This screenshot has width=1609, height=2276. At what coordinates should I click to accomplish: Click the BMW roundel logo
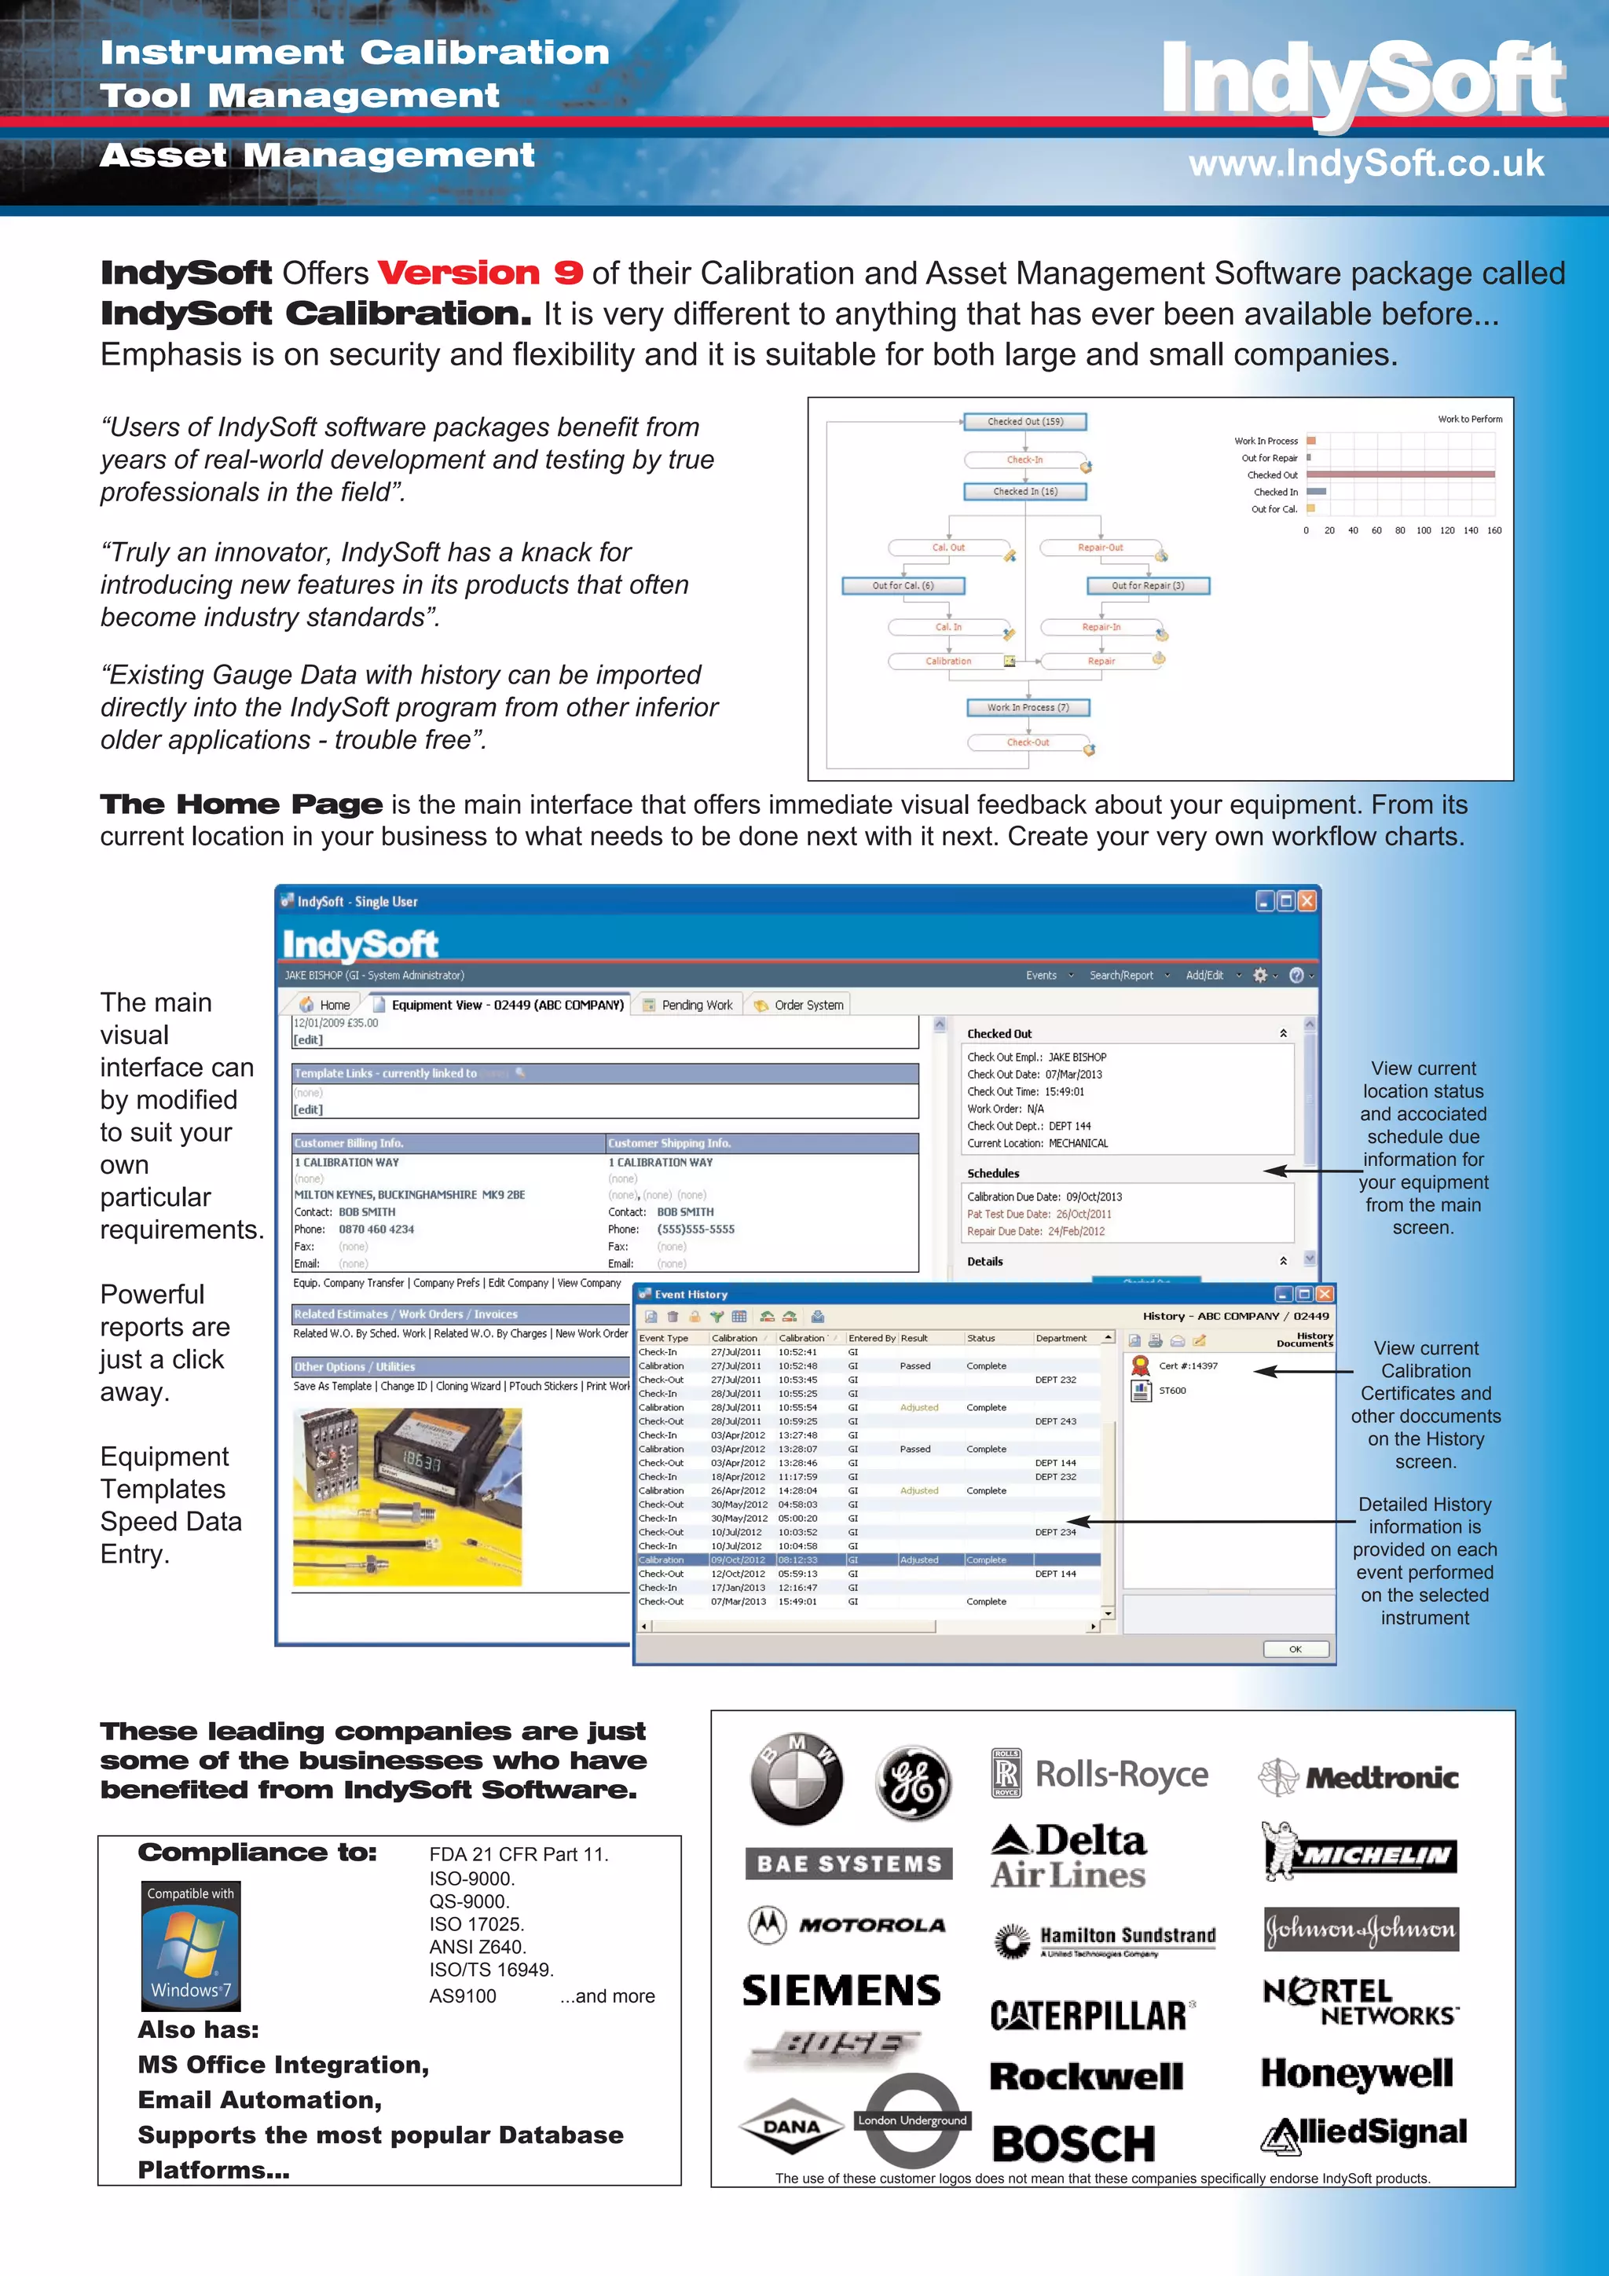click(796, 1780)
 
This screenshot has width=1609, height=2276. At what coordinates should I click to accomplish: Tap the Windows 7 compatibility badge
click(190, 1945)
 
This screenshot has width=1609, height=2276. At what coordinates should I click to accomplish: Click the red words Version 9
click(480, 273)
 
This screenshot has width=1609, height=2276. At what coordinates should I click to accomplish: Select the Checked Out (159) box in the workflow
click(1025, 421)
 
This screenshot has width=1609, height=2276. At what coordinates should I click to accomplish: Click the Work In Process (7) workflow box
click(1028, 708)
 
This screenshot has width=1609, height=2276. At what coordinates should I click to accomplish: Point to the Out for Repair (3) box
click(1147, 586)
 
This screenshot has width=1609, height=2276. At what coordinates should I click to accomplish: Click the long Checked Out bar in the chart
click(1400, 475)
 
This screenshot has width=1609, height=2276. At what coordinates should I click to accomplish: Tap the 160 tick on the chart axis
click(1493, 530)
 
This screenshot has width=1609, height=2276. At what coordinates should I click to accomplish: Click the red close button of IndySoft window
click(1307, 901)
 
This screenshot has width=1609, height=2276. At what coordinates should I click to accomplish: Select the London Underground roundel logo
click(912, 2120)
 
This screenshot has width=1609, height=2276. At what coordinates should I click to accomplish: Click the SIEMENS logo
click(841, 1991)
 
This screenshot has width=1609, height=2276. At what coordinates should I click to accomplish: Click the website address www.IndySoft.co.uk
click(1365, 163)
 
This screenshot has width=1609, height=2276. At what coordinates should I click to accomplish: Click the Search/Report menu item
click(1121, 976)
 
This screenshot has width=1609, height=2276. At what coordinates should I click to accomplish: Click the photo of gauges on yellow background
click(406, 1496)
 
